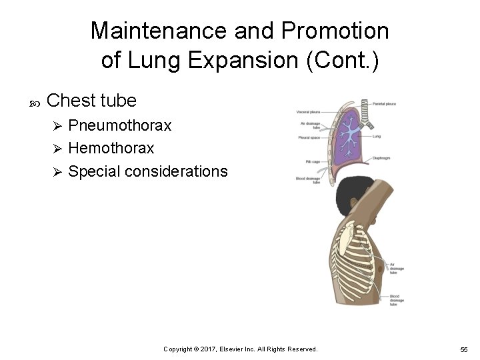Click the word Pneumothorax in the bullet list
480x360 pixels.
coord(120,125)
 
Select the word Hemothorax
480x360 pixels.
coord(111,148)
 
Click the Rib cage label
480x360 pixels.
coord(311,161)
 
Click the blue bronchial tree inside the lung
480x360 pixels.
coord(347,133)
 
